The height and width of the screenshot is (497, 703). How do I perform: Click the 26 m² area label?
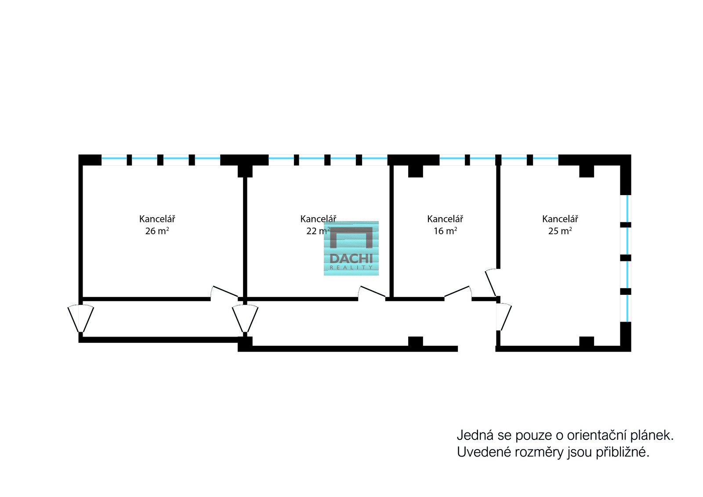click(x=157, y=231)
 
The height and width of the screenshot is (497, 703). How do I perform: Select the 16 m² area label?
click(x=445, y=231)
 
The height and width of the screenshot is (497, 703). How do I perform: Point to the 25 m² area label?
click(x=560, y=231)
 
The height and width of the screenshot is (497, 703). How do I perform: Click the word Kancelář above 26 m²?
click(x=157, y=219)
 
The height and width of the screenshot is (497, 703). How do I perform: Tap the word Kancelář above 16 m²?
click(x=445, y=219)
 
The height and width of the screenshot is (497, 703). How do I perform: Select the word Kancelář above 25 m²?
click(x=560, y=219)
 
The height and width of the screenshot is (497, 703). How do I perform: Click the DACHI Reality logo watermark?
click(x=351, y=248)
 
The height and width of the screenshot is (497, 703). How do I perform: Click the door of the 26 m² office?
click(x=224, y=292)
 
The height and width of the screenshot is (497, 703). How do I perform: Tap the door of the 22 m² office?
click(x=372, y=292)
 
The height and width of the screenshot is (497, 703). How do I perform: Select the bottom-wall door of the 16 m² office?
click(x=458, y=292)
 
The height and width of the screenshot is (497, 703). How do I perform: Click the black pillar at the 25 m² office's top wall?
click(x=586, y=171)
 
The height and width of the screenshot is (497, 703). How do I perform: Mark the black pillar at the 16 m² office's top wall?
click(x=415, y=171)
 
